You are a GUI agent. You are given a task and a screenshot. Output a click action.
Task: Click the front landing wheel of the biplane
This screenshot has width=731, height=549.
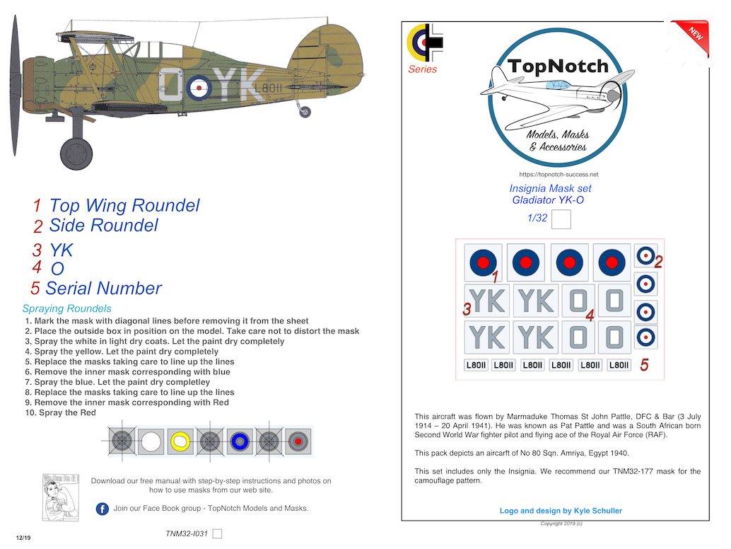[x=76, y=153]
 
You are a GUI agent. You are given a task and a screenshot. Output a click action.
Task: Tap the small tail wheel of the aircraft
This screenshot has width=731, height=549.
[x=305, y=112]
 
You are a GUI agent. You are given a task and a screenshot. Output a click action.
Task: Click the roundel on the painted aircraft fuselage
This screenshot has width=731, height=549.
[x=200, y=88]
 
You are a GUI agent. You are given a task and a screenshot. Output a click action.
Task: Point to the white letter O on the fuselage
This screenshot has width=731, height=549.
[x=170, y=88]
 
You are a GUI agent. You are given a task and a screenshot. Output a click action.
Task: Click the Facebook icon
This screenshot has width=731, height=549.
[x=102, y=509]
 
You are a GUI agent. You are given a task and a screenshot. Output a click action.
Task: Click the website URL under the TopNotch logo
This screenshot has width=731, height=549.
[x=559, y=174]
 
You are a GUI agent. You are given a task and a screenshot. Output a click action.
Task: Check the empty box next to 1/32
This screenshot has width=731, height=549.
[x=561, y=220]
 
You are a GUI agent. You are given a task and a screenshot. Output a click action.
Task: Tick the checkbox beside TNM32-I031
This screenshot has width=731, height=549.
[x=217, y=533]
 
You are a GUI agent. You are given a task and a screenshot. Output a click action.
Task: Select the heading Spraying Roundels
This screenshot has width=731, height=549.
[x=66, y=308]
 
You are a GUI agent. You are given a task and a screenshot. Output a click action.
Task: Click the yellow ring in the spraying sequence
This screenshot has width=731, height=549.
[x=181, y=441]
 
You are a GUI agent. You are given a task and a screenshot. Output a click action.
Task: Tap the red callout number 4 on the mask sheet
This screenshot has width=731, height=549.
[x=589, y=316]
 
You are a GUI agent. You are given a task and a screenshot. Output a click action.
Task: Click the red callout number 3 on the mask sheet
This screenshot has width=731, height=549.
[x=467, y=309]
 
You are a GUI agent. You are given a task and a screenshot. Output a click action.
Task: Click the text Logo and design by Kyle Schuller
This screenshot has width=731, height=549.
[x=561, y=511]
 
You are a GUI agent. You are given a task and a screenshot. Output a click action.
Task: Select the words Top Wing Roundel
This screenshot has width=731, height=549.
[x=124, y=206]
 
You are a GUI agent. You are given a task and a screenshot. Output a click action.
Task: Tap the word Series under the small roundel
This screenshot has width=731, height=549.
[x=422, y=69]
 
